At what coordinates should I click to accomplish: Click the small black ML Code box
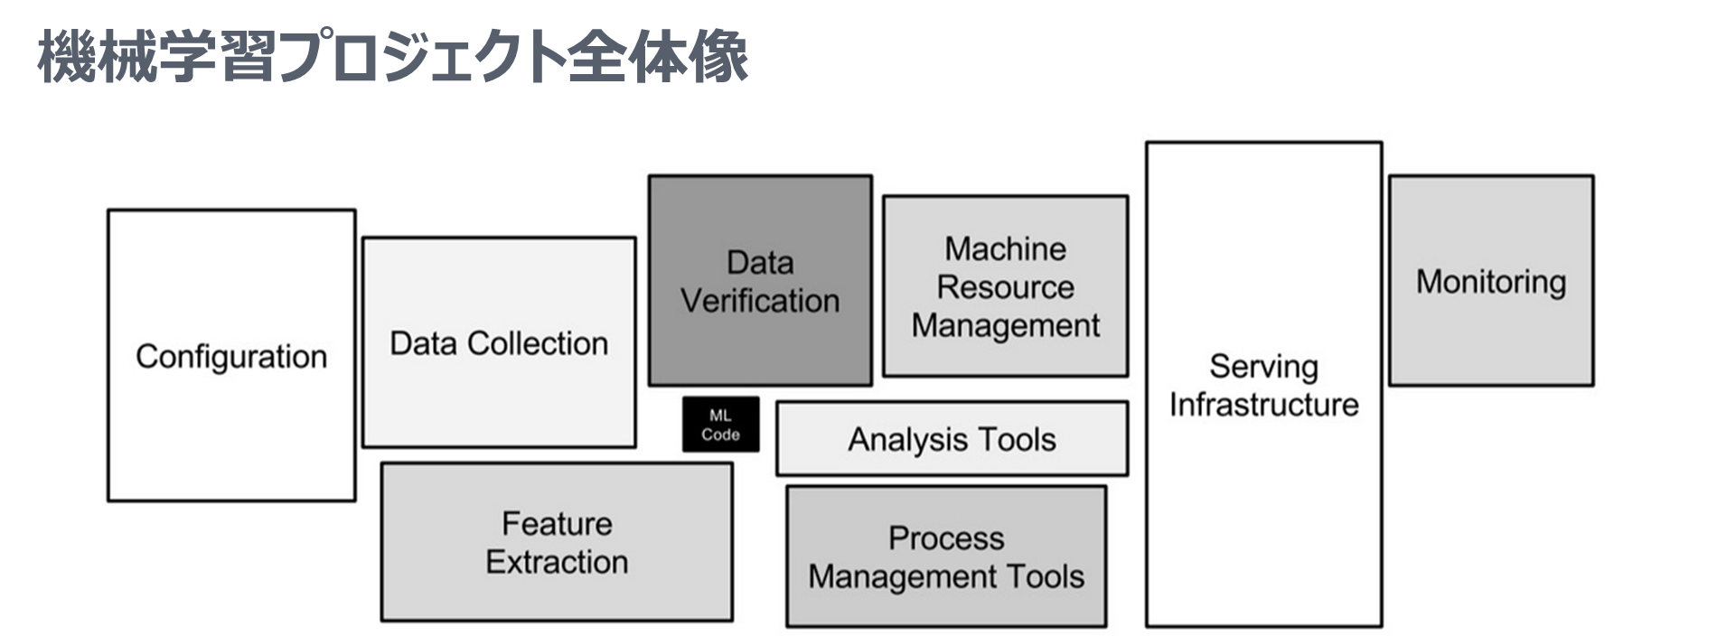720,425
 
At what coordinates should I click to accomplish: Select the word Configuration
231,357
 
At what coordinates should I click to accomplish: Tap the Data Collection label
499,343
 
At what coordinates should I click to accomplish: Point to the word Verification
760,301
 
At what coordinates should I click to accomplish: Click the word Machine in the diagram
1005,248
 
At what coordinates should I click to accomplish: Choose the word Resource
1005,287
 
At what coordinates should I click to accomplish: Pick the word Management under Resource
1005,325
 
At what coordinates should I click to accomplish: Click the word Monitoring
1490,282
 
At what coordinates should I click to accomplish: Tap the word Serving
1263,366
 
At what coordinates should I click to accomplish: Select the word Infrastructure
1263,404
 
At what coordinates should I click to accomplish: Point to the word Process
946,538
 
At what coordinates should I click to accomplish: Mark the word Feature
557,524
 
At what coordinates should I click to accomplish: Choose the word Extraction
557,562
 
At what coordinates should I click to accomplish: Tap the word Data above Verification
760,263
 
